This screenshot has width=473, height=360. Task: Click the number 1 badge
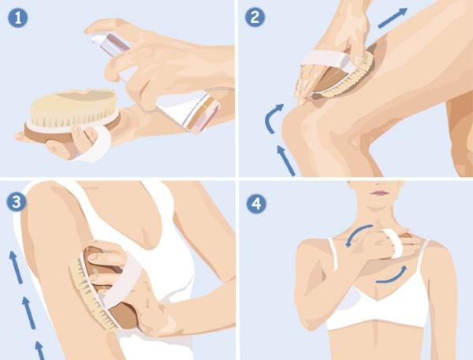(18, 18)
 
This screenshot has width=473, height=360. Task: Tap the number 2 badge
(255, 17)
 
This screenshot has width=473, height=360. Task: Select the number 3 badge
(17, 202)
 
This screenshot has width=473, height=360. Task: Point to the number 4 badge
(256, 204)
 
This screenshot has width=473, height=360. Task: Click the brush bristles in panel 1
(73, 109)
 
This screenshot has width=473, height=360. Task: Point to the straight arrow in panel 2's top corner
(393, 18)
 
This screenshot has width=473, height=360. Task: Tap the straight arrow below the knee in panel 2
(285, 160)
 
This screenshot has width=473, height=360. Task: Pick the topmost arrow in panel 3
(16, 267)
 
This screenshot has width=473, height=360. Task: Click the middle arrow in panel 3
(29, 313)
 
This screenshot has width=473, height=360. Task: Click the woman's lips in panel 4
(381, 193)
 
